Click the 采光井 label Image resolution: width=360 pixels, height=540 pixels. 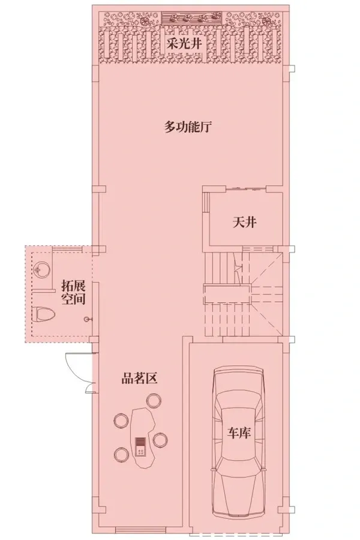coord(184,44)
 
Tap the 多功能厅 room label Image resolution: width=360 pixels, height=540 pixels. coord(187,127)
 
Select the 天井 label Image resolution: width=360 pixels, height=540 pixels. coord(245,223)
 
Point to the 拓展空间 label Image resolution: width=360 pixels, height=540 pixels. coord(73,292)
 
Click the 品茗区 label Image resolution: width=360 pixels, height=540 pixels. coord(140,379)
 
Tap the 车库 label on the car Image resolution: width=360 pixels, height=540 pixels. coord(239,433)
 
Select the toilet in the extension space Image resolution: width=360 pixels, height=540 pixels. coord(44,314)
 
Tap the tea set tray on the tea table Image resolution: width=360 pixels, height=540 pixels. coord(140,446)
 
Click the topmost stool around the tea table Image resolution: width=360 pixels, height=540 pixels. coord(154,401)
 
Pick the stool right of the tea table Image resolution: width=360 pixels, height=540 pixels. coord(160,440)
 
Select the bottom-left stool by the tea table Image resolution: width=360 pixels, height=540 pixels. coord(121,454)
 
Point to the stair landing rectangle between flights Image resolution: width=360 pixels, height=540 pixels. coord(227,294)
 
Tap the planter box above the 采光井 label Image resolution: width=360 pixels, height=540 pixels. coord(191,16)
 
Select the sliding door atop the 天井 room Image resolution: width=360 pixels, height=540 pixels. coord(245,188)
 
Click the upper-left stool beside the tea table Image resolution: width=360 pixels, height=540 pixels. coord(121,420)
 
